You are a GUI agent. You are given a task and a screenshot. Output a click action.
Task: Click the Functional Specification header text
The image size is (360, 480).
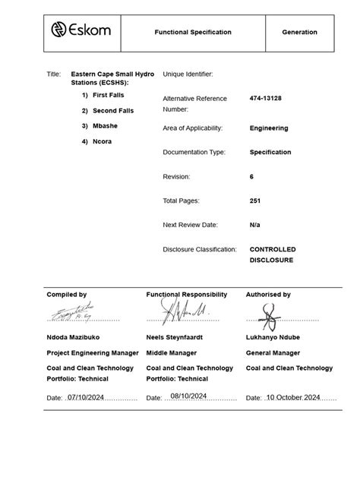193,33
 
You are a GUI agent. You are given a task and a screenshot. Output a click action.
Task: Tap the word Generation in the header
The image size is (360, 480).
299,33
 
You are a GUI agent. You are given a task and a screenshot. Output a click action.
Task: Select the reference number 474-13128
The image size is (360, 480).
266,99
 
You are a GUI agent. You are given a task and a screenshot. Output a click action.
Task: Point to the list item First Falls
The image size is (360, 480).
108,95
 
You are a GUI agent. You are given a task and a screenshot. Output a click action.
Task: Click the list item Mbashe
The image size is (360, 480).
105,126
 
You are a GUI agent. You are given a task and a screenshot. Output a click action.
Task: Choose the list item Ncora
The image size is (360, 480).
102,141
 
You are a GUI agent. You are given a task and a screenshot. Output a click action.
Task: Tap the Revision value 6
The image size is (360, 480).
252,176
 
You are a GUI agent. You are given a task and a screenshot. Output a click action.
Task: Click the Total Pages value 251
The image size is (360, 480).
256,201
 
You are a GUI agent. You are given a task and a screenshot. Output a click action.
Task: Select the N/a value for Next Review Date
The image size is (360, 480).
255,225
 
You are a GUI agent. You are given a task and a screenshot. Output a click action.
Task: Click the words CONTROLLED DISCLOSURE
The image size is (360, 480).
273,254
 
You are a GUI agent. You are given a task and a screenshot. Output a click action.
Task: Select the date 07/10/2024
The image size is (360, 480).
85,396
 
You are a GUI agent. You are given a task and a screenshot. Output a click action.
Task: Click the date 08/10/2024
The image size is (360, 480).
189,396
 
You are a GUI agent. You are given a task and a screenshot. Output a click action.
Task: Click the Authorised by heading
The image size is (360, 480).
268,294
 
